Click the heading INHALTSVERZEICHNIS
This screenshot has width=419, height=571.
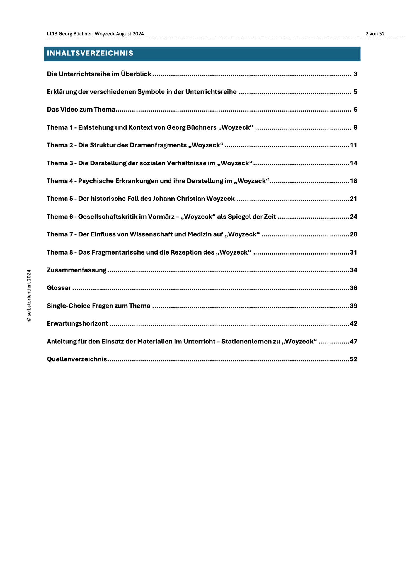[90, 53]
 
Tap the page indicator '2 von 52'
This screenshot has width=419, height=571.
[375, 34]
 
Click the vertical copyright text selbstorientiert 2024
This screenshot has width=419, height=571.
[29, 296]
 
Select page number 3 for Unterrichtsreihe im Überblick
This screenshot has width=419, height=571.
[355, 74]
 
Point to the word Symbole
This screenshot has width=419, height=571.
[151, 92]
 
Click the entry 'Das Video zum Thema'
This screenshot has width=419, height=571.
[81, 110]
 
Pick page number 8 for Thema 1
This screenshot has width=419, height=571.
[355, 128]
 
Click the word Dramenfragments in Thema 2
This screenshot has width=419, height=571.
[158, 145]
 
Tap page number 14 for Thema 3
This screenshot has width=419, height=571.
[353, 163]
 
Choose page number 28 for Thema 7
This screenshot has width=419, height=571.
[353, 234]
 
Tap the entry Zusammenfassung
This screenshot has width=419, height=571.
[77, 270]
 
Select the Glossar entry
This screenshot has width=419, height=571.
[59, 288]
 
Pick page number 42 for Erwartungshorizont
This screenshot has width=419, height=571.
[353, 324]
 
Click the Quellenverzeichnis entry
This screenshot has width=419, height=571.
[77, 359]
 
